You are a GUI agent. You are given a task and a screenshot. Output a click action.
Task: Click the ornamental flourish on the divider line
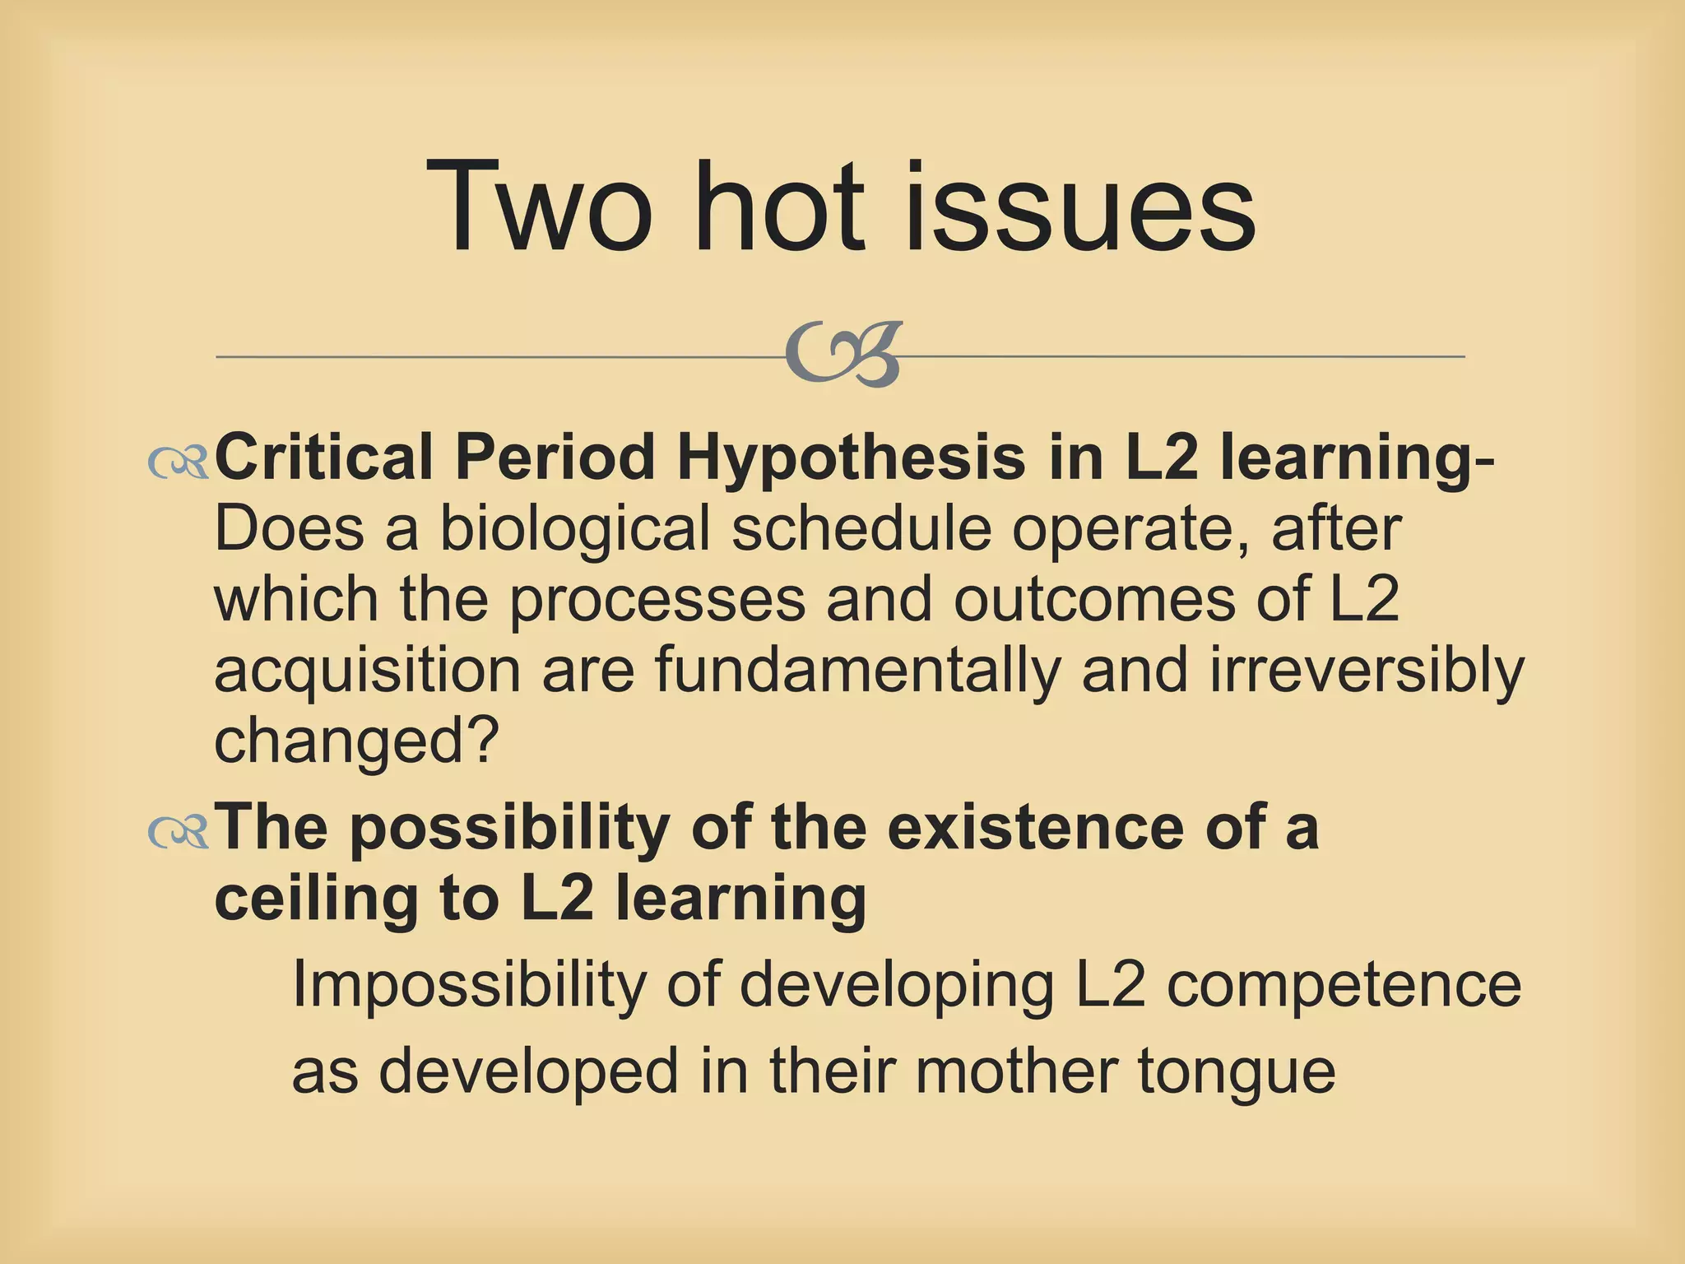(844, 355)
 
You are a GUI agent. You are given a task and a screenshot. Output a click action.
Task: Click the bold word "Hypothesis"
(852, 458)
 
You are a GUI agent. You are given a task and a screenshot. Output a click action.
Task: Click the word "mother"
(1015, 1071)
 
